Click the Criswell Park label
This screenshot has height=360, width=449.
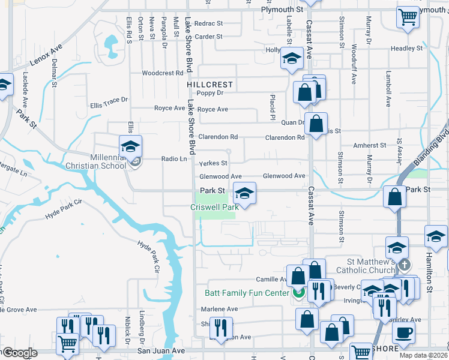click(x=215, y=207)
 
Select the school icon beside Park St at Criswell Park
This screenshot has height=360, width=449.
click(x=244, y=194)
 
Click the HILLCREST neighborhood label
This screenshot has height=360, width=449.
click(x=209, y=85)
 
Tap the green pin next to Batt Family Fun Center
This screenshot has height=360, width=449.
click(x=298, y=293)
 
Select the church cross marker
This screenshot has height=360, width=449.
click(x=405, y=265)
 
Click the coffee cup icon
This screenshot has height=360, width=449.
click(x=403, y=332)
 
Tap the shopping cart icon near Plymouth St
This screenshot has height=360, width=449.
click(x=408, y=17)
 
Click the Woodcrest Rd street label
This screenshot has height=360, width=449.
click(x=162, y=73)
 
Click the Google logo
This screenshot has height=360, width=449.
click(x=19, y=353)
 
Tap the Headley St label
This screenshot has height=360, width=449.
click(x=407, y=49)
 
